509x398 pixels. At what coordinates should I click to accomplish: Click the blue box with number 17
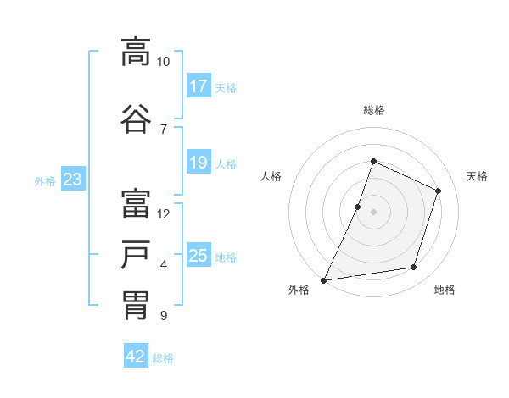[x=199, y=86]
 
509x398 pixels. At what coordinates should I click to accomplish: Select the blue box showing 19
[x=199, y=163]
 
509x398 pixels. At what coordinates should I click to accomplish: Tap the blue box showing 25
[x=199, y=256]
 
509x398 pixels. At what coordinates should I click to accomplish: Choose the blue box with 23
[x=72, y=180]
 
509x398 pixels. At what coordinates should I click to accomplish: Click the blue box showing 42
[x=136, y=357]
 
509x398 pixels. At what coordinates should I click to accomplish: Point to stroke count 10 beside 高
[x=163, y=62]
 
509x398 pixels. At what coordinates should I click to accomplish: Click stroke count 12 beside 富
[x=164, y=214]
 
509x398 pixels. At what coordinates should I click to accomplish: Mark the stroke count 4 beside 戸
[x=164, y=265]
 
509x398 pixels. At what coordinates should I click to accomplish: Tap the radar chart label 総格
[x=374, y=110]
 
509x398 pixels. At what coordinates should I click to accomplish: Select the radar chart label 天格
[x=478, y=176]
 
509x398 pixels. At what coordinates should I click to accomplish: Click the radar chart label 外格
[x=299, y=290]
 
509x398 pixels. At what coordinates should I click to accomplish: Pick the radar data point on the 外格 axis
[x=323, y=279]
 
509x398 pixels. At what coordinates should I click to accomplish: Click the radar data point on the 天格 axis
[x=439, y=191]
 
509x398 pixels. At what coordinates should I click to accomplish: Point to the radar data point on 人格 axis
[x=358, y=207]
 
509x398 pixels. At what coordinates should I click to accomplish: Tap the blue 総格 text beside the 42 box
[x=163, y=358]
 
